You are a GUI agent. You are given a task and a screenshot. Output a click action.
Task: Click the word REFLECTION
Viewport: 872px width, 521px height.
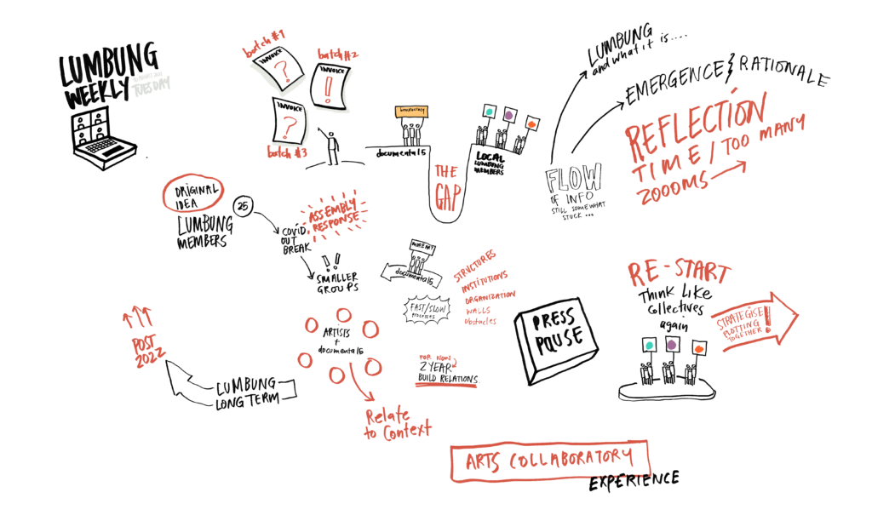coord(694,128)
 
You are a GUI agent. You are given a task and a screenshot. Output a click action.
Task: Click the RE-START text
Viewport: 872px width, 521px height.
coord(679,273)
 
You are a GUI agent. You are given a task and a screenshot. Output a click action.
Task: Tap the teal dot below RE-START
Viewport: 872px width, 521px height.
coord(649,346)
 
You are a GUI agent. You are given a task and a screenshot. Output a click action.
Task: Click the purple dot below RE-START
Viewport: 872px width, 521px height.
coord(672,345)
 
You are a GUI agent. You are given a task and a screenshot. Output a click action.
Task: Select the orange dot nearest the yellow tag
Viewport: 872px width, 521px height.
coord(531,125)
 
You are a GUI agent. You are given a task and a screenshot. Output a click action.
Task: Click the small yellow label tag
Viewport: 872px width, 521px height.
coord(410,112)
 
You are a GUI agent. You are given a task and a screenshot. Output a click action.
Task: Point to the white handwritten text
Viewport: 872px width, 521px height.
coord(152,84)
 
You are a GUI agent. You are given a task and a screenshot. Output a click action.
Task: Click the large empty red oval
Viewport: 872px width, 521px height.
coord(193,192)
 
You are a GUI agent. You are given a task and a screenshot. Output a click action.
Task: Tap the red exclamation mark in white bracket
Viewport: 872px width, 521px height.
coord(328,88)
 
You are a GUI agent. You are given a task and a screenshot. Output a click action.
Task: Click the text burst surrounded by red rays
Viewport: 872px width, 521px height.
coord(333,216)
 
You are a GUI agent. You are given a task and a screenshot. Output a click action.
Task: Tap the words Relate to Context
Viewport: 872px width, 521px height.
coord(397,424)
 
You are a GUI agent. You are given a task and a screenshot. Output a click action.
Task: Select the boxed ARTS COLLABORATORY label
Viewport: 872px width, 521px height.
coord(549,461)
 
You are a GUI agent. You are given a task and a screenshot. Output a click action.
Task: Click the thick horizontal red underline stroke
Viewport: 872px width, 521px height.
coord(445,385)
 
